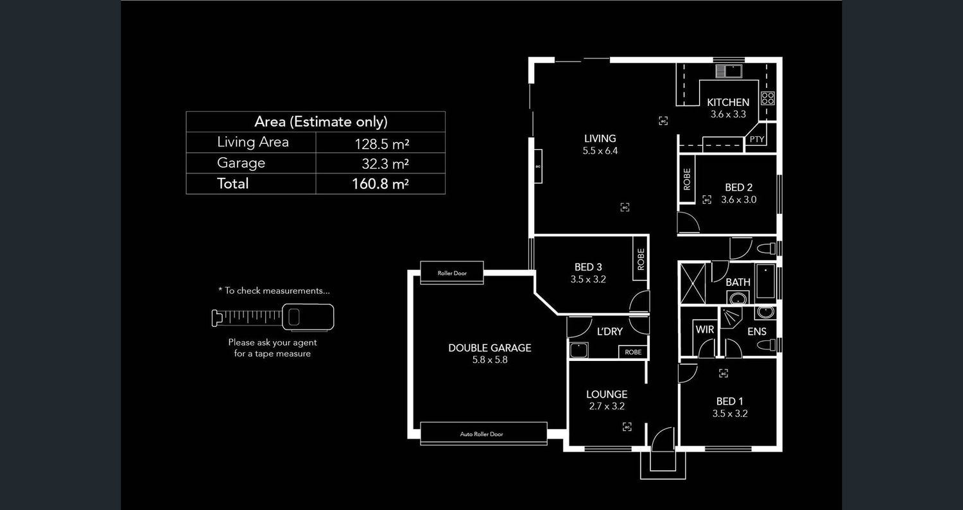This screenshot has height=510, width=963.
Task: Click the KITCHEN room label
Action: tap(728, 102)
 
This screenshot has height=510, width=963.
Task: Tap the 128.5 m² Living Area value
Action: tap(382, 143)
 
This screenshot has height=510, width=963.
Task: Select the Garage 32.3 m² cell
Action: tap(385, 163)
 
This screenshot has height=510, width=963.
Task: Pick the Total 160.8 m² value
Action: tap(380, 184)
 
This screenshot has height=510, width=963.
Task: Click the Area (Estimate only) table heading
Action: tap(320, 121)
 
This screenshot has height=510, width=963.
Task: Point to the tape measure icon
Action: tap(273, 317)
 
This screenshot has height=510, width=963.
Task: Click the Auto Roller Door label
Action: tap(481, 434)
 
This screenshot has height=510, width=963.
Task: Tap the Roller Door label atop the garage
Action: tap(452, 273)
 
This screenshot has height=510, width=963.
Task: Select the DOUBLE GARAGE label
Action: tap(489, 347)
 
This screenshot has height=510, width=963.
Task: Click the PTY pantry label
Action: tap(757, 139)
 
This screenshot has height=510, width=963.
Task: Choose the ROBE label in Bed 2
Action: tap(687, 179)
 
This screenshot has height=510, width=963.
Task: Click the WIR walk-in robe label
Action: tap(704, 330)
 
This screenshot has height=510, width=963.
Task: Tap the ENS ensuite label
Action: tap(757, 331)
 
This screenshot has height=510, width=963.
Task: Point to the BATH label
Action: tap(738, 282)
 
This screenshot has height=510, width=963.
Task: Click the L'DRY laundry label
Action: tap(609, 331)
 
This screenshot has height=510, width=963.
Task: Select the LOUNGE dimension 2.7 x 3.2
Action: tap(606, 406)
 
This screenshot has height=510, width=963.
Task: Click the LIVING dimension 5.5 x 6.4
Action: tap(600, 151)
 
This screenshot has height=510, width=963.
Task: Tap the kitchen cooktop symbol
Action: tap(767, 98)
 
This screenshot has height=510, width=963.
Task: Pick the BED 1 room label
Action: tap(730, 401)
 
